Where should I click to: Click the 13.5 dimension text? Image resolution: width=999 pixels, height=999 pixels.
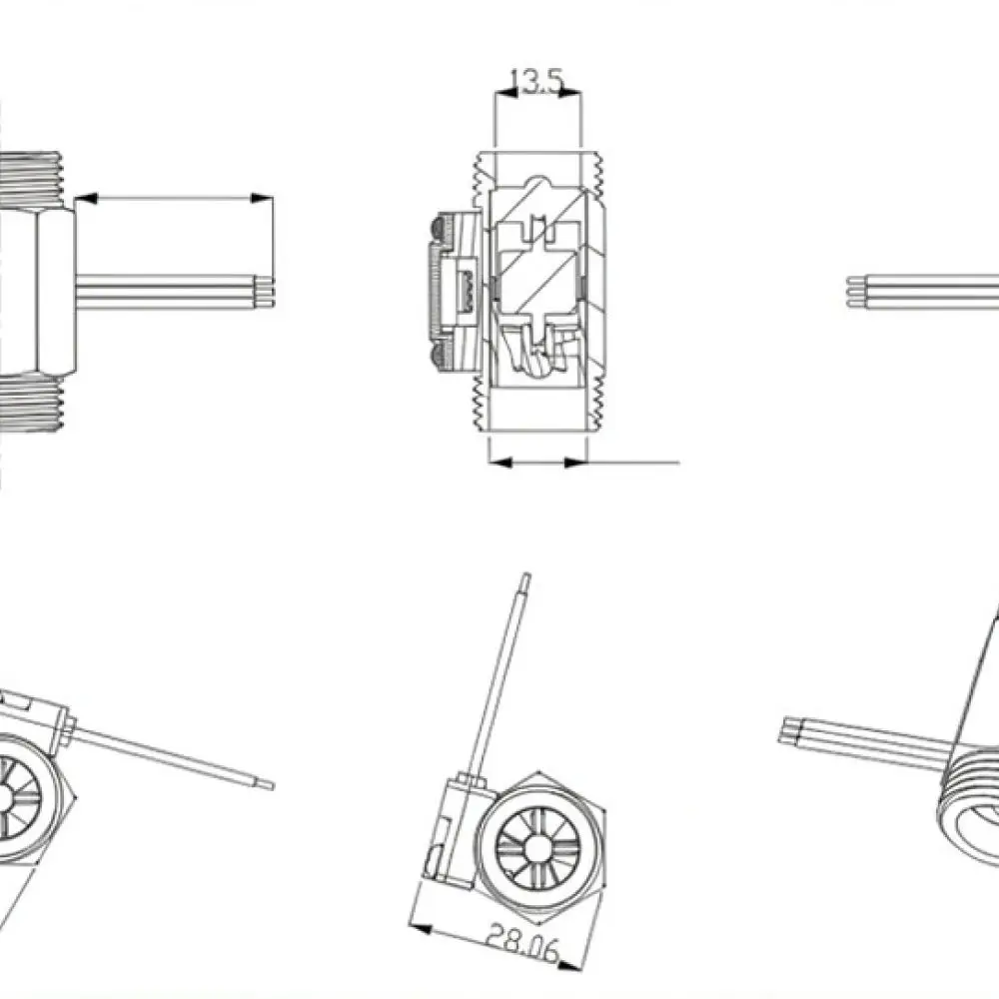click(x=537, y=81)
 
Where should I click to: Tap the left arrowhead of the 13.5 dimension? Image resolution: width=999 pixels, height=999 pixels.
click(x=506, y=93)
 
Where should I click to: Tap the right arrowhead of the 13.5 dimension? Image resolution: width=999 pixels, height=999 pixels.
click(x=569, y=93)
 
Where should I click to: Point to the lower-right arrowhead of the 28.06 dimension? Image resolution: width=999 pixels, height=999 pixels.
click(x=569, y=965)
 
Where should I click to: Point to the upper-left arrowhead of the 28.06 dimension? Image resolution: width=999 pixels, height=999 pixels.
click(x=421, y=927)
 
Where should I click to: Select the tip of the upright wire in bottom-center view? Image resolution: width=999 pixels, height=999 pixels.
click(x=526, y=575)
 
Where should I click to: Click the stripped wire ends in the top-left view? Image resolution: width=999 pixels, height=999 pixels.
click(x=265, y=292)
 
